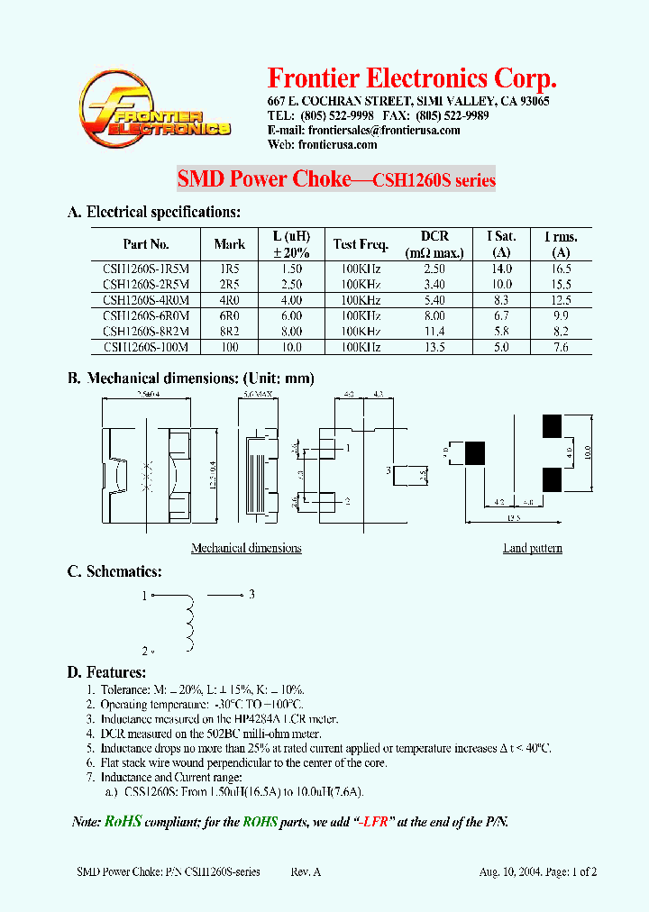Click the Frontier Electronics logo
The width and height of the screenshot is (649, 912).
pos(153,111)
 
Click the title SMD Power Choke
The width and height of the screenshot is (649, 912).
pos(263,179)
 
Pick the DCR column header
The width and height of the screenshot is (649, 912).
pos(434,243)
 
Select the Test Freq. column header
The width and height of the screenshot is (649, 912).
pos(361,244)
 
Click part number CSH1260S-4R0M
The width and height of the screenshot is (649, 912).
pos(146,301)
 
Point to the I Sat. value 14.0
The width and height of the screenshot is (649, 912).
pos(502,269)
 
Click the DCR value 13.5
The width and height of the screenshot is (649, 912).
pos(434,347)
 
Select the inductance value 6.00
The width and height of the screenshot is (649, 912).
pos(290,316)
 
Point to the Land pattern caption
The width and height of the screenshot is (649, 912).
pos(533,548)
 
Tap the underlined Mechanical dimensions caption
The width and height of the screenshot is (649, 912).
pos(246,548)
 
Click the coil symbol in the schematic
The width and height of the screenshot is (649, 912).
pos(189,622)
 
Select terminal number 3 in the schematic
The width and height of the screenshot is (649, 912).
pos(252,594)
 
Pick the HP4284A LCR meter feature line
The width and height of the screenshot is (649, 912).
pos(219,719)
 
